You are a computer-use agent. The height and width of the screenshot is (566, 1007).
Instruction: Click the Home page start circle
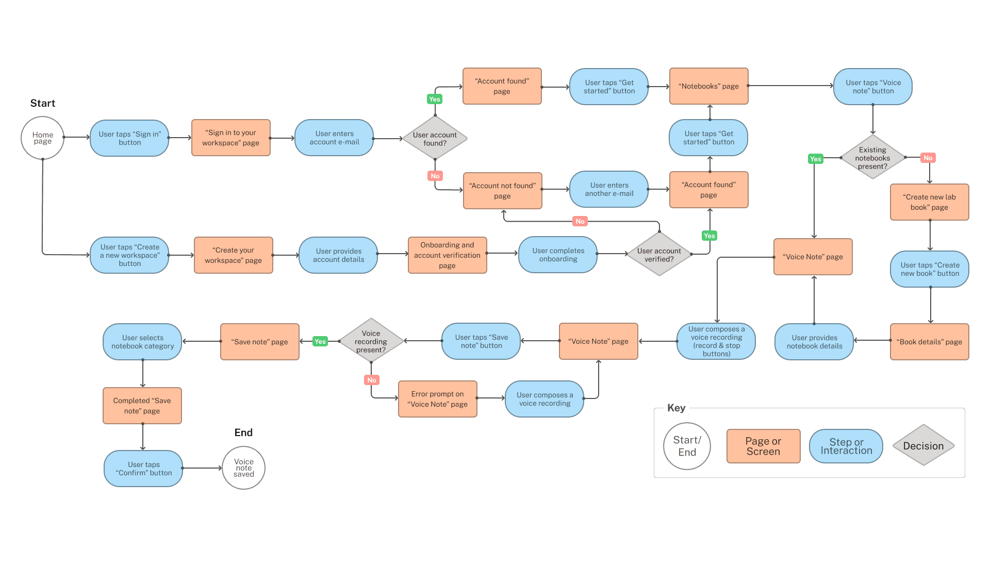[43, 138]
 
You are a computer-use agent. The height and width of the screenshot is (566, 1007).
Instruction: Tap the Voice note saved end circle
[243, 468]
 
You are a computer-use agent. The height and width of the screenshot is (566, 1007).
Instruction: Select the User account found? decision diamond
[435, 138]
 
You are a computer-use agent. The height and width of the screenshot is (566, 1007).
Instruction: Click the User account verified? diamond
[659, 254]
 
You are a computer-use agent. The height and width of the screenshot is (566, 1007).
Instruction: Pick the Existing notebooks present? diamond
[872, 158]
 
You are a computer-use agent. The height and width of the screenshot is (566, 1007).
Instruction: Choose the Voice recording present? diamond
[371, 341]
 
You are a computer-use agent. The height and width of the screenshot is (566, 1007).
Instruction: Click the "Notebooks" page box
[708, 86]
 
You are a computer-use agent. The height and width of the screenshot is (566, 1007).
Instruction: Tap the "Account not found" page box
[502, 191]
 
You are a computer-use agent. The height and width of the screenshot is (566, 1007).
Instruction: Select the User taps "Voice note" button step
[872, 87]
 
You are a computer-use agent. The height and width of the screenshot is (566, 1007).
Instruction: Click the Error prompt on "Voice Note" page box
[437, 399]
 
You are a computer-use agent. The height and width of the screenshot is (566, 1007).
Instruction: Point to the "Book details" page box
[929, 342]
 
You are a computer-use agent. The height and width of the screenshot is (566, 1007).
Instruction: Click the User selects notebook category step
[142, 342]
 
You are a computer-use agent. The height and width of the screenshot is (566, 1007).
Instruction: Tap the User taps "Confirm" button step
[143, 469]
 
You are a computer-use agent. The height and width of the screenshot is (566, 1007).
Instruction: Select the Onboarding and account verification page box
[447, 255]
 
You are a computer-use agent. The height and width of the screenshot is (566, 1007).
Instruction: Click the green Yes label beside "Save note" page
[320, 341]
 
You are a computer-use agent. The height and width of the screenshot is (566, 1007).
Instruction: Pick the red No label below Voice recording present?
[372, 380]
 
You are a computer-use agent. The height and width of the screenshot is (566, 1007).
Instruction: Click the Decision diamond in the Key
[923, 445]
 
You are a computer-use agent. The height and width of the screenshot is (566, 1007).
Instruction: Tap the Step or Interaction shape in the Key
[846, 446]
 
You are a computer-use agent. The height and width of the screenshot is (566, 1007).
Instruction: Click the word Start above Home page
[42, 103]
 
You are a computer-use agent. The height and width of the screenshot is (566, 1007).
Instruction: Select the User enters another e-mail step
[609, 189]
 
